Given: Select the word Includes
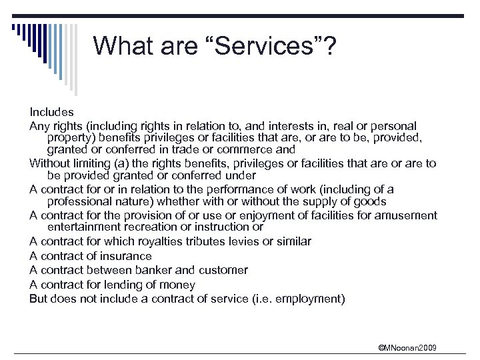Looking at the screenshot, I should pyautogui.click(x=51, y=112).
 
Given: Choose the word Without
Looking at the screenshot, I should pyautogui.click(x=51, y=163).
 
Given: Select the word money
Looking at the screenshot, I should pyautogui.click(x=178, y=284).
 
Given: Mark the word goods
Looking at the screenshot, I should pyautogui.click(x=371, y=201).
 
